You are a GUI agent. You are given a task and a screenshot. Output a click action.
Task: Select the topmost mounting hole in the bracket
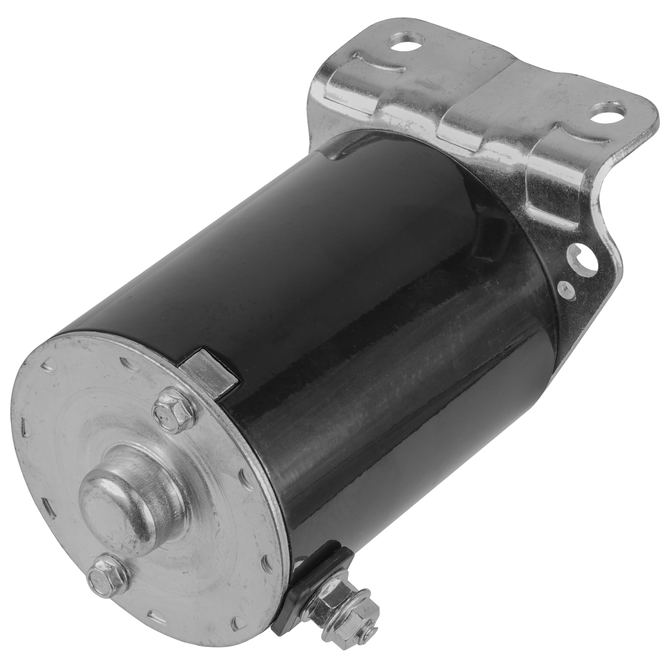pos(402,42)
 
